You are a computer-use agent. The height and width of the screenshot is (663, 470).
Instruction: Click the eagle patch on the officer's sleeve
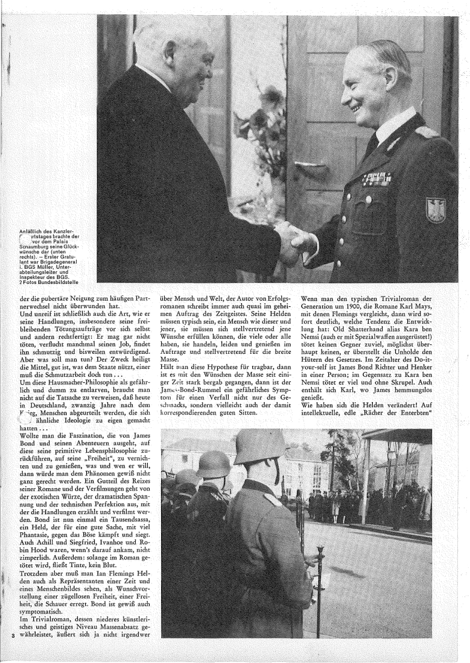tap(436, 210)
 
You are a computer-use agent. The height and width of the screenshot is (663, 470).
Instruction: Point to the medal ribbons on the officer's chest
tap(376, 178)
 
